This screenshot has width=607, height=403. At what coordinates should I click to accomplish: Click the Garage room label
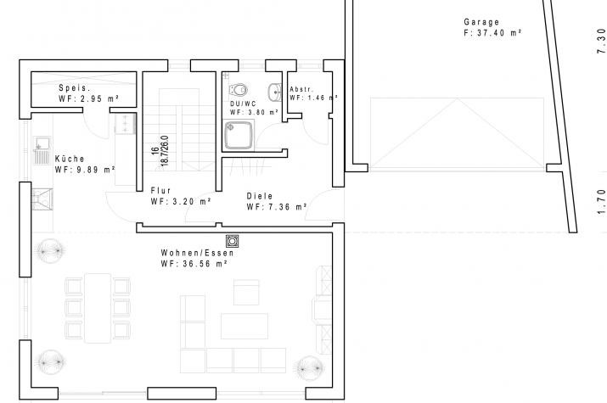tap(481, 22)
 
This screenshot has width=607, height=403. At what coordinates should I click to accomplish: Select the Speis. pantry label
tap(75, 88)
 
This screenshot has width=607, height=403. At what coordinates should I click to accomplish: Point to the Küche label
tap(70, 159)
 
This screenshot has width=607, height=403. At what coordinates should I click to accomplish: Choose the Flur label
tap(160, 190)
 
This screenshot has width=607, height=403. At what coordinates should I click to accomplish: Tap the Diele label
tap(260, 196)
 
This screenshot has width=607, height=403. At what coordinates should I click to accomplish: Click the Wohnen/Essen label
tap(198, 253)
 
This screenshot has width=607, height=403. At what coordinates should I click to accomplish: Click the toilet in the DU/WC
tap(239, 90)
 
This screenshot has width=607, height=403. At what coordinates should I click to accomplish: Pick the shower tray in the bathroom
tap(239, 135)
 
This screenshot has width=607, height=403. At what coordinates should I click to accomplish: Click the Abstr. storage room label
tap(301, 89)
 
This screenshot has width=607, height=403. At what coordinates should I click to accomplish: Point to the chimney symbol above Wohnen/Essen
tap(233, 241)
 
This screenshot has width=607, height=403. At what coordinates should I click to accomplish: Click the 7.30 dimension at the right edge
tap(601, 41)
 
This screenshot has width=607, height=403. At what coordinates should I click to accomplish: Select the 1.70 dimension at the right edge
tap(601, 201)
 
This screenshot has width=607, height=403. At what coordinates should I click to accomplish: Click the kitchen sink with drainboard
tap(42, 150)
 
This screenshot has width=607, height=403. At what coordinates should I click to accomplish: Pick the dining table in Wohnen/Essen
tap(98, 308)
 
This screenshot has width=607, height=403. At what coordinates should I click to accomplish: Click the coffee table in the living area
tap(244, 326)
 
